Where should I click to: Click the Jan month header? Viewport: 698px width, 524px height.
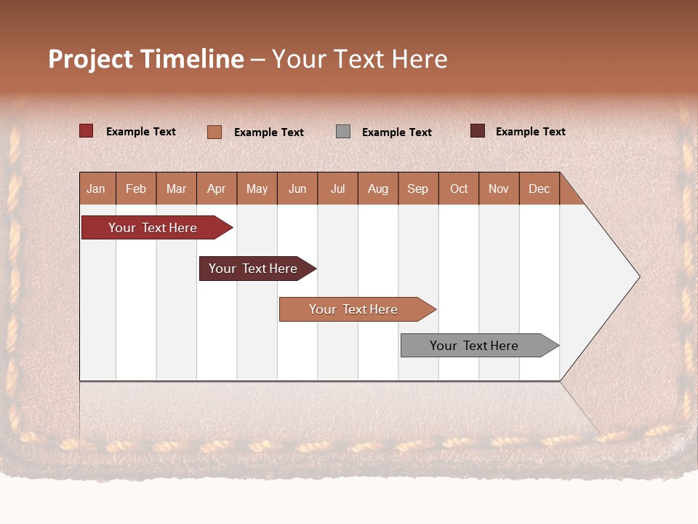(x=97, y=188)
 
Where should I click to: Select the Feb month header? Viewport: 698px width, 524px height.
(x=136, y=188)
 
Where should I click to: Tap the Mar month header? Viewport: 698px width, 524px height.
(x=176, y=188)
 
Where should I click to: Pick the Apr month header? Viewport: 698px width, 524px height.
(x=217, y=188)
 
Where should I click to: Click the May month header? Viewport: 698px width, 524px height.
(x=257, y=188)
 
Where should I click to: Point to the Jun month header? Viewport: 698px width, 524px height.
(x=297, y=188)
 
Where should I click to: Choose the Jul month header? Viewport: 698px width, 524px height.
(x=338, y=188)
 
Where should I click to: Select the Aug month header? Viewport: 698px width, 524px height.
(x=378, y=188)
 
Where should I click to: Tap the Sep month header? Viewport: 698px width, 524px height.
(x=418, y=188)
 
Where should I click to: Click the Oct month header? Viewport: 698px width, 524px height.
(x=459, y=188)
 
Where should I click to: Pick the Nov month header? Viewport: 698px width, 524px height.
(x=499, y=188)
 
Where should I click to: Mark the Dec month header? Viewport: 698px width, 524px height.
(x=539, y=188)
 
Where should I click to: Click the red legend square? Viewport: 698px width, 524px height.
(x=87, y=131)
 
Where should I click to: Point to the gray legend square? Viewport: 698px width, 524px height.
(x=343, y=132)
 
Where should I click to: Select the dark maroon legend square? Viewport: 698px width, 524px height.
(x=478, y=131)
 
